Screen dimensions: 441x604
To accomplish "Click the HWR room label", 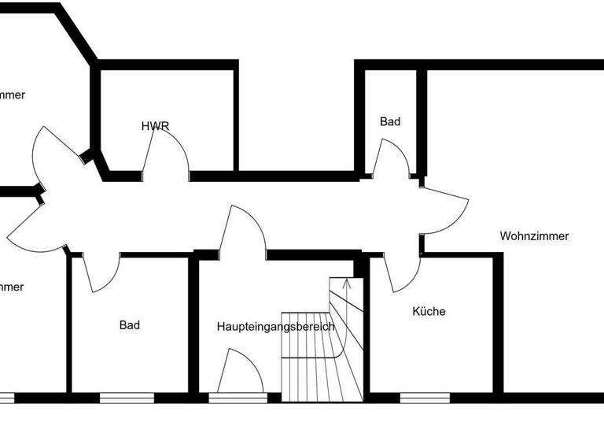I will pyautogui.click(x=155, y=126).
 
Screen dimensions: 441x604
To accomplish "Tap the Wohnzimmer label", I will pyautogui.click(x=534, y=235).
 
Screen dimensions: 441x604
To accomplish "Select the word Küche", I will pyautogui.click(x=429, y=311).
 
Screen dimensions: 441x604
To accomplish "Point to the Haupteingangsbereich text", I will pyautogui.click(x=275, y=326).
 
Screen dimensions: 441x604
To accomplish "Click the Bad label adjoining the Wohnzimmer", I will pyautogui.click(x=390, y=121).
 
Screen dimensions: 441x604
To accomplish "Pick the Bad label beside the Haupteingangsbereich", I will pyautogui.click(x=130, y=324).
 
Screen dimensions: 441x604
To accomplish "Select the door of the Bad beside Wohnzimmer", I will pyautogui.click(x=391, y=157).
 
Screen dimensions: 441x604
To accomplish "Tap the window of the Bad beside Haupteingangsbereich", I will pyautogui.click(x=127, y=398).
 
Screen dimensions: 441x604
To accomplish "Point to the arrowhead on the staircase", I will pyautogui.click(x=347, y=281).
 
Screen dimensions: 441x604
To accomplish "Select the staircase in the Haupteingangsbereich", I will pyautogui.click(x=322, y=346).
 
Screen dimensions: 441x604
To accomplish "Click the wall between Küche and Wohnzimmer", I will pyautogui.click(x=498, y=323).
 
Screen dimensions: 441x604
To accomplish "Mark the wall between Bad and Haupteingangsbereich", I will pyautogui.click(x=193, y=323).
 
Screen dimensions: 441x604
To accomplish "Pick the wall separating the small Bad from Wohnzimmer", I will pyautogui.click(x=422, y=122).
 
